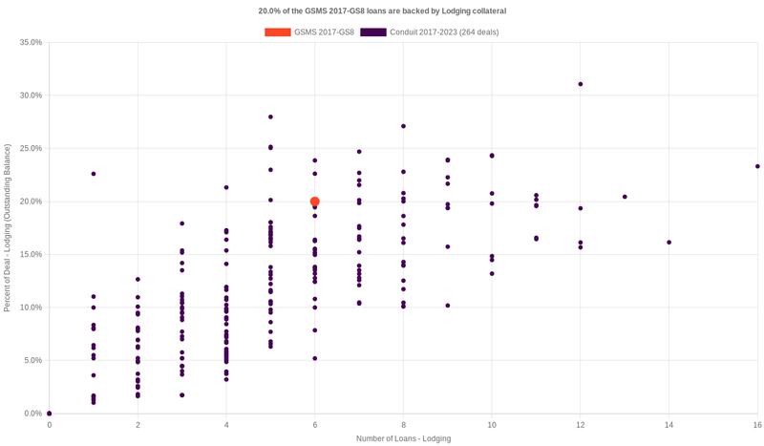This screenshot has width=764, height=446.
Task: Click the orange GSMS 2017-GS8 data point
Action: point(315,202)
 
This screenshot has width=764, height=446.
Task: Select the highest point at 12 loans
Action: point(581,84)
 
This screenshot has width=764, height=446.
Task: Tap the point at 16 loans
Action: point(757,166)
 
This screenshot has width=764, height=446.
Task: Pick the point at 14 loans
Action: point(669,243)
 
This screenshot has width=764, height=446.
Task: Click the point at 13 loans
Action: point(625,197)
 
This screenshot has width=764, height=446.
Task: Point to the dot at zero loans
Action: point(50,414)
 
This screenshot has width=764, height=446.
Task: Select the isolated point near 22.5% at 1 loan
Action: point(94,174)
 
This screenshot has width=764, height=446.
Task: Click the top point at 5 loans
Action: point(271,117)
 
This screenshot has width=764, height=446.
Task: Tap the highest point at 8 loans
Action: point(404,126)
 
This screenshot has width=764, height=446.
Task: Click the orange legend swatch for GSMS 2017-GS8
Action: point(277,32)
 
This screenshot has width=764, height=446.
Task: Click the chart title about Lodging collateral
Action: point(382,11)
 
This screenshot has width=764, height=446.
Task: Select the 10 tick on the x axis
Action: point(492,424)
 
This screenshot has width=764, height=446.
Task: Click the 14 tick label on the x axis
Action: point(669,424)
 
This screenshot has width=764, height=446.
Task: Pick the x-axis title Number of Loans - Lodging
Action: point(403,438)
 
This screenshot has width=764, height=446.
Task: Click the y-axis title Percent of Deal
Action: point(8,227)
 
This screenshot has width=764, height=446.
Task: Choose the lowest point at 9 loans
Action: point(448,306)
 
